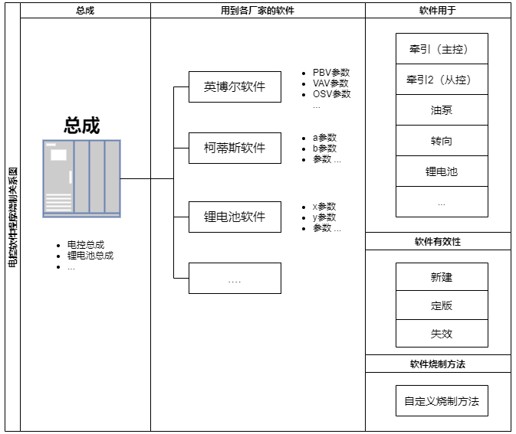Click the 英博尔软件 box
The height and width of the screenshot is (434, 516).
click(x=235, y=87)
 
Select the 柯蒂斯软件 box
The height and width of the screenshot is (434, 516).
click(x=235, y=148)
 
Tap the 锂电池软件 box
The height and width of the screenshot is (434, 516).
click(x=235, y=217)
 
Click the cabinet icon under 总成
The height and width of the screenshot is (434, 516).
click(x=82, y=178)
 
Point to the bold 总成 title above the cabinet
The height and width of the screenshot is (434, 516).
click(x=82, y=126)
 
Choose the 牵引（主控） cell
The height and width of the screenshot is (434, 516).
click(x=442, y=49)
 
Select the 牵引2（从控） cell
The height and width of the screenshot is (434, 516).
click(x=442, y=80)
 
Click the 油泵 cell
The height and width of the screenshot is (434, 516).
click(x=442, y=110)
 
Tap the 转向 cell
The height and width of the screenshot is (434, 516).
click(x=442, y=141)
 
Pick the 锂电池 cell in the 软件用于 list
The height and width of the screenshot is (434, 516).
click(x=442, y=171)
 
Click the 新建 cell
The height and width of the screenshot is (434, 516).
click(x=442, y=278)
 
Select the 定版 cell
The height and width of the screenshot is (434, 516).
click(x=442, y=305)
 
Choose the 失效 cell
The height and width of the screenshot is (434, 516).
click(x=442, y=334)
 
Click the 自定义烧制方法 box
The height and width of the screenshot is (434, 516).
click(x=442, y=401)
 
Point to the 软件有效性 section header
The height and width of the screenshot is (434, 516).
click(x=438, y=242)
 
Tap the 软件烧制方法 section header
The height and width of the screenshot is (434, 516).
click(x=438, y=364)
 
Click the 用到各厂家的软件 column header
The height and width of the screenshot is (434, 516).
click(x=258, y=11)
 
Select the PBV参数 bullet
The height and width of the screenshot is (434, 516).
click(x=330, y=73)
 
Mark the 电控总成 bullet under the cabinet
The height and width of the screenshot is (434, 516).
click(x=85, y=245)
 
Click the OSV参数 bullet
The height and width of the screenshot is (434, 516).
click(x=331, y=94)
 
